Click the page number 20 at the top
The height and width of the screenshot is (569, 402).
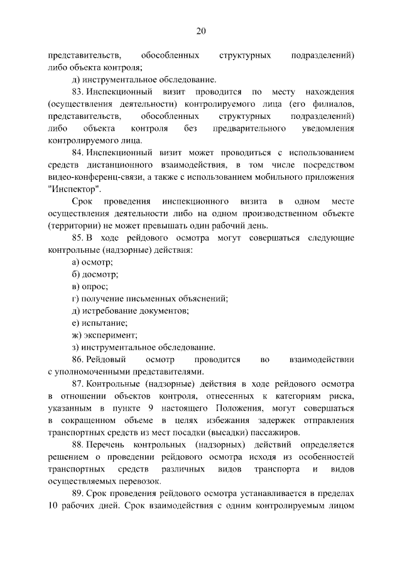pos(201,31)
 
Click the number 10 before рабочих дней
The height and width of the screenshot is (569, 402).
pos(53,505)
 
